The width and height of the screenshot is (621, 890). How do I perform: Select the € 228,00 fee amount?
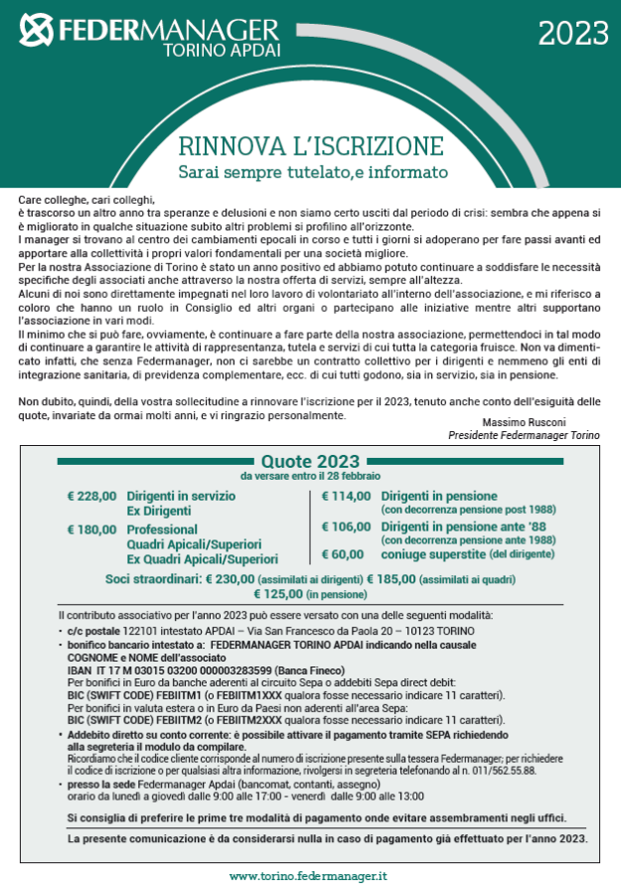(x=92, y=495)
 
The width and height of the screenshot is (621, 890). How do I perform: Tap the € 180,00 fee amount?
(x=92, y=529)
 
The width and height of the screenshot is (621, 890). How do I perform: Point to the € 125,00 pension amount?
(x=280, y=594)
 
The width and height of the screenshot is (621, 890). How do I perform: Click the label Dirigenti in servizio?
(x=181, y=495)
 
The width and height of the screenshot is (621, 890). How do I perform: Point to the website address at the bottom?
(x=308, y=876)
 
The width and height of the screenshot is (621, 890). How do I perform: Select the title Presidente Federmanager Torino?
(x=524, y=435)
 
